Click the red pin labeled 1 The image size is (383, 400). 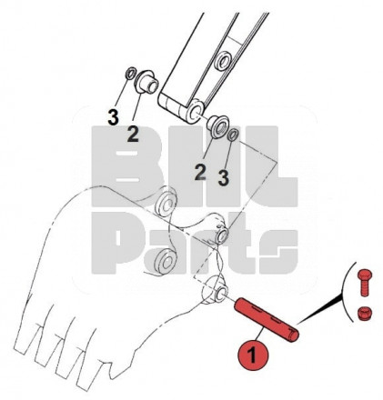point(267,320)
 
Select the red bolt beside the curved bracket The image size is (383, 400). point(364,282)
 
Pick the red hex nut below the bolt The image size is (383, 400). point(364,313)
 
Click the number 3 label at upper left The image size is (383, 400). point(113,117)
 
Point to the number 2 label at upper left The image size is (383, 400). point(133,135)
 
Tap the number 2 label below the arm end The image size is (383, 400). point(200,173)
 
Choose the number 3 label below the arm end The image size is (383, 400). point(223,178)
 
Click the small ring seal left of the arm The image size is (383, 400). point(130,74)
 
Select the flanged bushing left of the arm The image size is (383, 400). point(146,82)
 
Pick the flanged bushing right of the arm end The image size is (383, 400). point(217,126)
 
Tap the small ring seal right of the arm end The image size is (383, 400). point(234,135)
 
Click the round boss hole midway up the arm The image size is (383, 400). point(224,63)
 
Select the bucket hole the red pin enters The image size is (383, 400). point(221,293)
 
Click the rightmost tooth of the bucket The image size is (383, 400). point(88,370)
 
